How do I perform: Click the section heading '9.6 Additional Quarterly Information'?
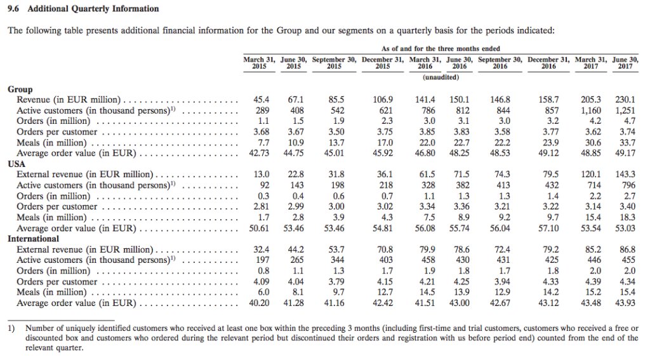tap(83, 9)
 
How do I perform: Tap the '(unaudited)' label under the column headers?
tap(441, 77)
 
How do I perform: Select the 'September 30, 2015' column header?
tap(334, 62)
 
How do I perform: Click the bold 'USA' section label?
tap(16, 163)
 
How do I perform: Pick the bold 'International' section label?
tap(33, 239)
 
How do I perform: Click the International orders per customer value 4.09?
tap(261, 281)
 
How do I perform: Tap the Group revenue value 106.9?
tap(382, 100)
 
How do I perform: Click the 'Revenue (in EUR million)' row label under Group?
tap(69, 100)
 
